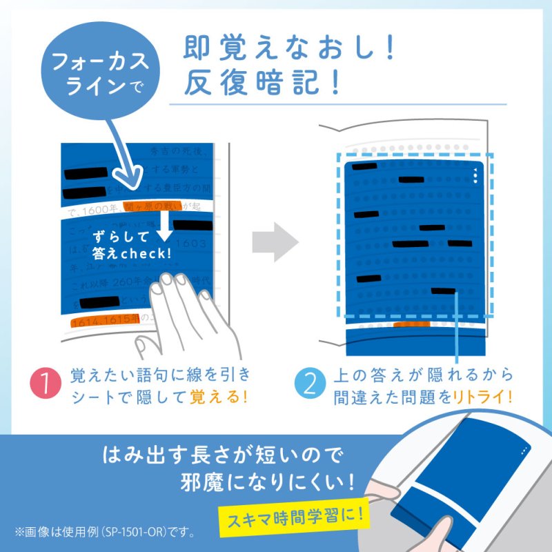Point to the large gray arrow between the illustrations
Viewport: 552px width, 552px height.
pos(274,241)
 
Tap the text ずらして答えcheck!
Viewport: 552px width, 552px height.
pos(131,245)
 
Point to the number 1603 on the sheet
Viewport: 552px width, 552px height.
pos(190,243)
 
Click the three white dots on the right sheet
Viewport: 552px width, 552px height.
pos(475,175)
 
